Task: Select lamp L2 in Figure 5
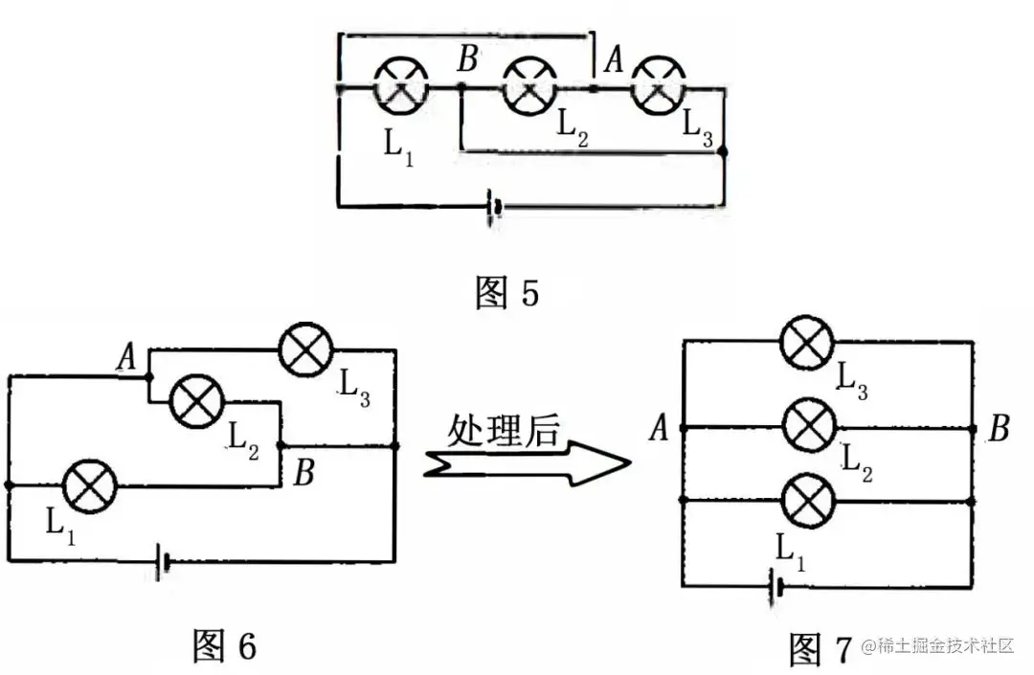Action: point(529,87)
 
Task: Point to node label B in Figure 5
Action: point(467,60)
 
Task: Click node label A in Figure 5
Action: point(613,60)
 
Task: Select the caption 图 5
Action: point(506,293)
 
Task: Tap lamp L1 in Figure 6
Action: point(90,485)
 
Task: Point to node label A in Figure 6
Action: point(126,359)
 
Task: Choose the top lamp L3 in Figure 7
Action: point(807,343)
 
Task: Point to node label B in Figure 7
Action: point(999,429)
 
